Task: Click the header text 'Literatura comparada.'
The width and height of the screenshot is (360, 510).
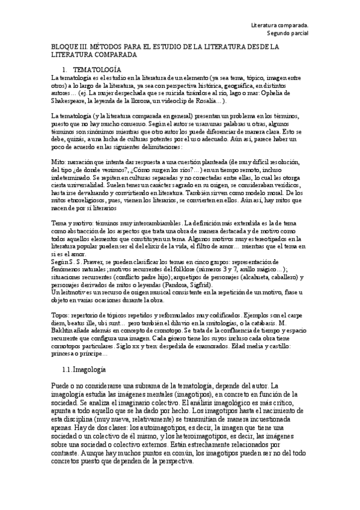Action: click(x=279, y=25)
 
